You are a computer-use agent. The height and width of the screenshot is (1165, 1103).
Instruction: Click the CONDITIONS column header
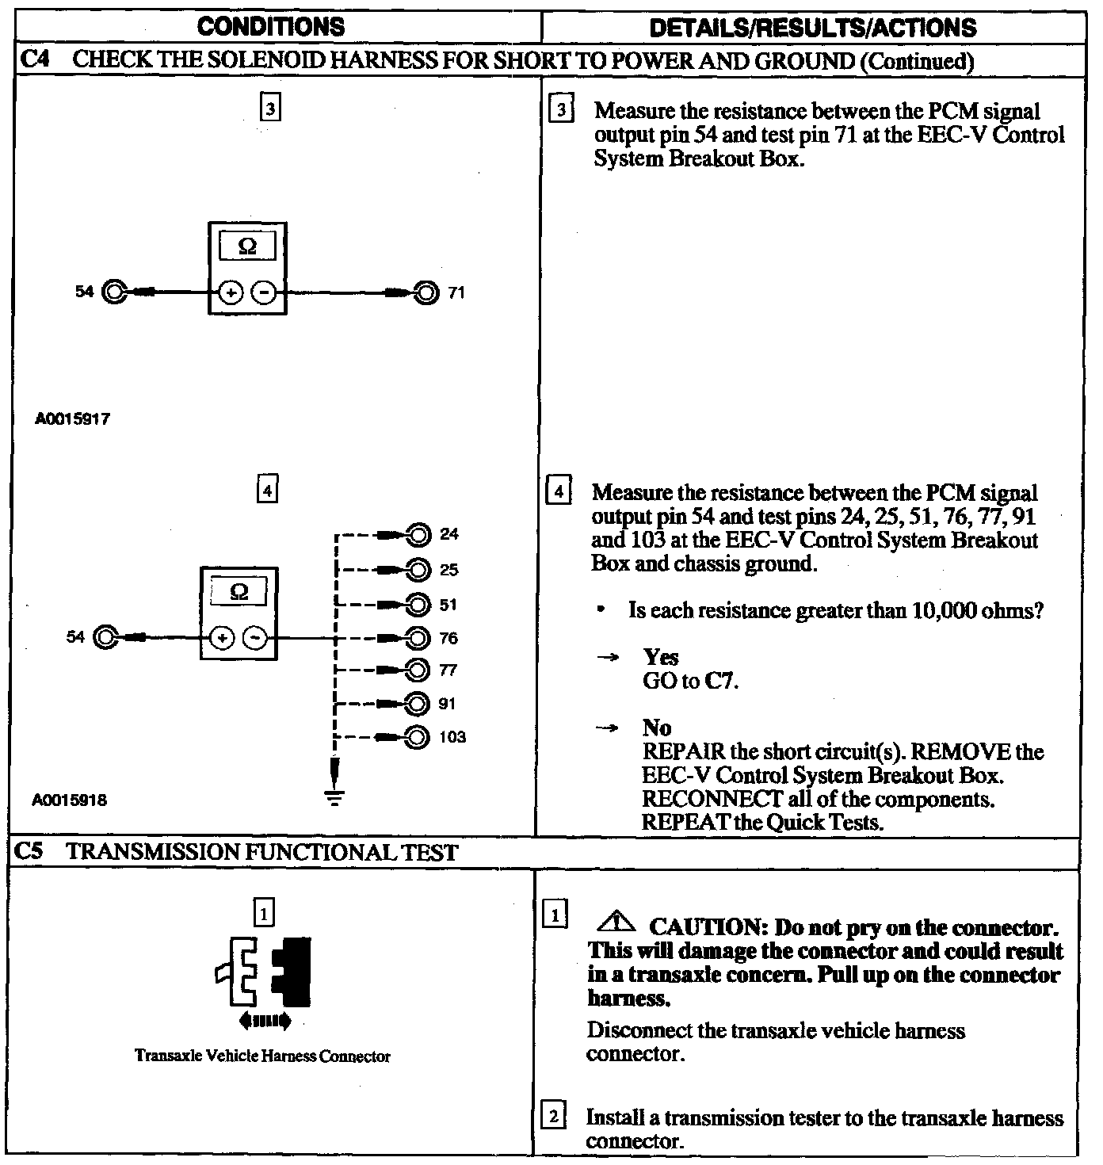(271, 27)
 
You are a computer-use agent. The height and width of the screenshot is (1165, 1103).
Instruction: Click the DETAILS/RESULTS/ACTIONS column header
(812, 29)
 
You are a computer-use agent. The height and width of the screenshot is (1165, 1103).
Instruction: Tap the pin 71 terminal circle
(426, 293)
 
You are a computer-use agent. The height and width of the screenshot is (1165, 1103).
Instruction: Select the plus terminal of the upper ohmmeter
(231, 293)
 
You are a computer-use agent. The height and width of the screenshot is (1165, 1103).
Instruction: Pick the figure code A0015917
(72, 419)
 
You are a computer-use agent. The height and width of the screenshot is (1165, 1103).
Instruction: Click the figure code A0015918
(69, 800)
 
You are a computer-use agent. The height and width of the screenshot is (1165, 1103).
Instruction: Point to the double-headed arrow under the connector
(265, 1021)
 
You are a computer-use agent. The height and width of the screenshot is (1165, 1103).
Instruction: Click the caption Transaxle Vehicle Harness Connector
(262, 1056)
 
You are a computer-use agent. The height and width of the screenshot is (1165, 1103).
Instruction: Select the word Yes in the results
(661, 657)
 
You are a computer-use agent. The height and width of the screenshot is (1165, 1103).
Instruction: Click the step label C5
(30, 852)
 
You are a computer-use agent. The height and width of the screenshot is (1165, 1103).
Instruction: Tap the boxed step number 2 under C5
(552, 1117)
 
